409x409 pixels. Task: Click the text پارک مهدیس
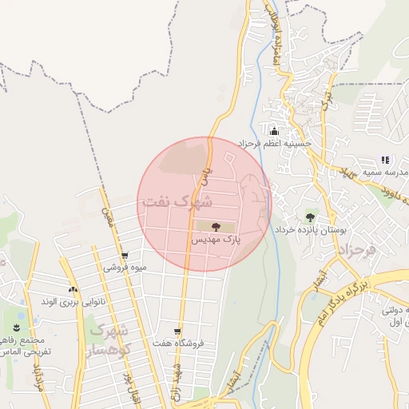(x=216, y=239)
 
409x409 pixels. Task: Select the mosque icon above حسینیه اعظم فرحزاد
(x=275, y=132)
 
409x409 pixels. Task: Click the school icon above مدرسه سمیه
(x=385, y=161)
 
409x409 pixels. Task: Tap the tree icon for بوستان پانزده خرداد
(x=310, y=216)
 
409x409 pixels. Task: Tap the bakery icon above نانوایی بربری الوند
(x=73, y=289)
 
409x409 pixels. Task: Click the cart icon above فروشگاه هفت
(x=177, y=332)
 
